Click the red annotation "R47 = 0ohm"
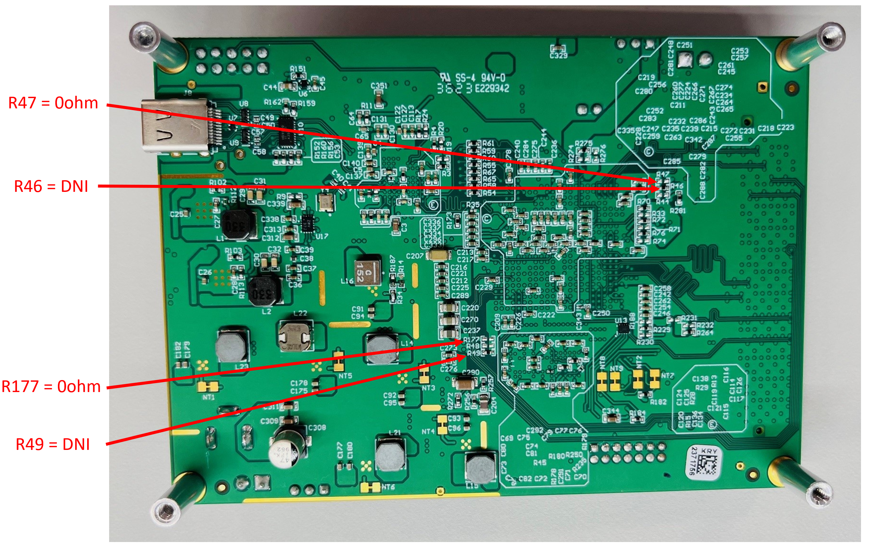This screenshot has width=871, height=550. [53, 103]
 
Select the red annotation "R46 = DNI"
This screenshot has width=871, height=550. [51, 187]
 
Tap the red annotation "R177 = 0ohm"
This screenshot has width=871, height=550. [51, 386]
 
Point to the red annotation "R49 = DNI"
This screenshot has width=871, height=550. [53, 444]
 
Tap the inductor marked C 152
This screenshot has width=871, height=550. [368, 271]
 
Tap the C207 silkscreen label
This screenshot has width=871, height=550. [415, 256]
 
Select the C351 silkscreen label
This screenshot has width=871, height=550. [379, 86]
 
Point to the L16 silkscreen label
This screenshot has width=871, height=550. [347, 281]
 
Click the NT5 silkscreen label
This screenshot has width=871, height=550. [345, 376]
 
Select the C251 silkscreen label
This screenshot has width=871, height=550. [684, 45]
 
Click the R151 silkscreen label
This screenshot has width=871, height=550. [298, 69]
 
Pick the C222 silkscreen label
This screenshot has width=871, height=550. [546, 315]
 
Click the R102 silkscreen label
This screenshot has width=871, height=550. [218, 182]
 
